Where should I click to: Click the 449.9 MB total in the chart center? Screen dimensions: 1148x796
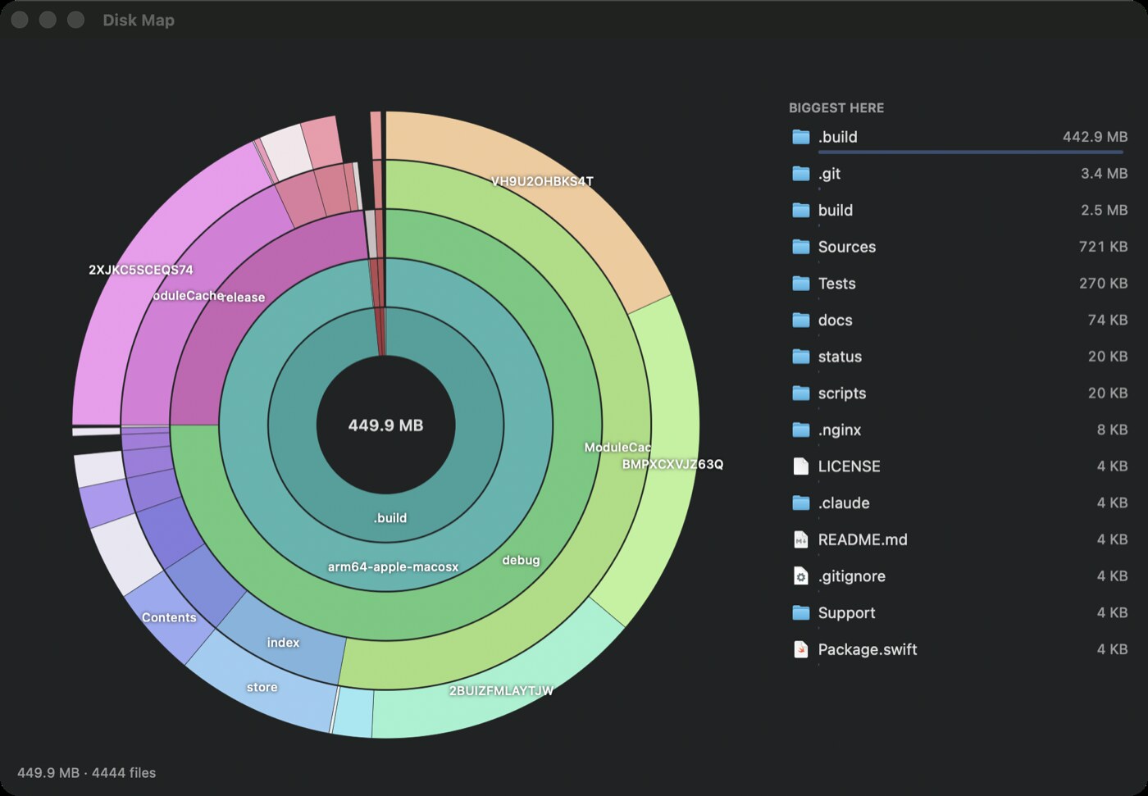tap(385, 425)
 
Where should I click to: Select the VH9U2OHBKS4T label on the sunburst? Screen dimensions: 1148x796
tap(542, 181)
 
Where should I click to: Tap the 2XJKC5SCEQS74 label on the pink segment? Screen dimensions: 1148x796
tap(141, 270)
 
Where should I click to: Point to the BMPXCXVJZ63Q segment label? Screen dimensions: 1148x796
tap(672, 464)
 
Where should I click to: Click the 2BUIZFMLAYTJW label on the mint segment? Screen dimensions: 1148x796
tap(501, 690)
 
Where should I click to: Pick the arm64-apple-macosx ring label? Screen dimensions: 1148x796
tap(393, 567)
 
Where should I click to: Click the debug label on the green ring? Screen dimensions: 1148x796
tap(521, 561)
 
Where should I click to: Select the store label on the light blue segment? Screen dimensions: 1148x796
tap(262, 687)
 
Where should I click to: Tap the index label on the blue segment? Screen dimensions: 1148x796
tap(283, 643)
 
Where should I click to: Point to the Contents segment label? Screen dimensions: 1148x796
tap(169, 617)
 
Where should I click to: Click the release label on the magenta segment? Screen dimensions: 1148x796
tap(244, 297)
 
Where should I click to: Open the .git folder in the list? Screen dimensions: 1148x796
tap(829, 174)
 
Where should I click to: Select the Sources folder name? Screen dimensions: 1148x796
tap(846, 247)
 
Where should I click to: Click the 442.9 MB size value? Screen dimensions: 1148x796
tap(1095, 137)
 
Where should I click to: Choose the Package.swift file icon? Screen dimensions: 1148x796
tap(800, 649)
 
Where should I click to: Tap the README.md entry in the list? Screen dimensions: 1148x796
tap(863, 539)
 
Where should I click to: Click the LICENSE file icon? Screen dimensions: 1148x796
tap(800, 466)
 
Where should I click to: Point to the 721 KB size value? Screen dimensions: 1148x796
tap(1103, 247)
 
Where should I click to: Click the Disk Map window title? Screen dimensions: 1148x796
tap(139, 20)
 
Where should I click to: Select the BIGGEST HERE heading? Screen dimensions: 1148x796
tap(836, 108)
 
